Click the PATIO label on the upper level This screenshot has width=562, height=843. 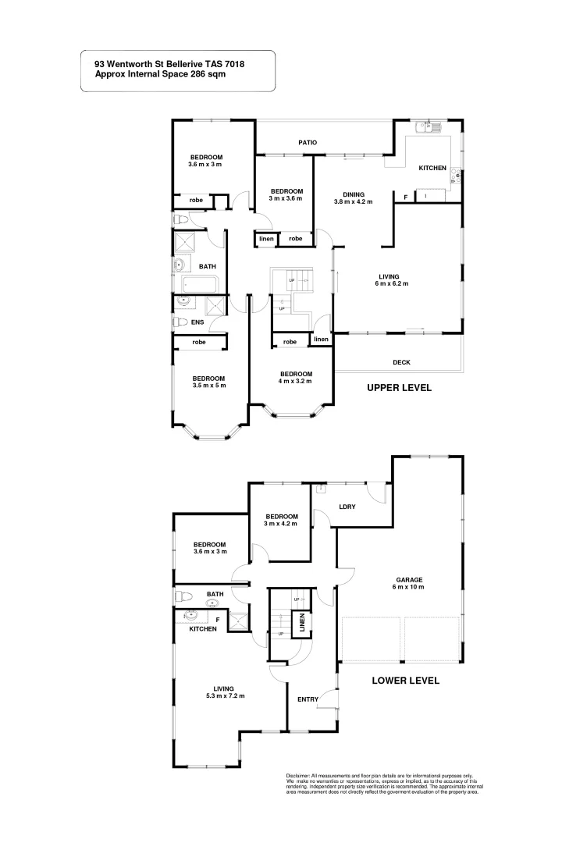[x=306, y=143]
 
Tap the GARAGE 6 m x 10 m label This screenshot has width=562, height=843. [x=409, y=583]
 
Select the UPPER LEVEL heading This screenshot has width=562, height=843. [x=399, y=387]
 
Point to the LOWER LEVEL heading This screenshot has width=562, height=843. [x=405, y=681]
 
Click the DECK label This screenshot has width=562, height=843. [x=402, y=362]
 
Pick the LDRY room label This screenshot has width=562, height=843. [x=347, y=507]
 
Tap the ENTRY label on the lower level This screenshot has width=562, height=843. [x=308, y=699]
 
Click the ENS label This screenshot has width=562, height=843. [x=198, y=322]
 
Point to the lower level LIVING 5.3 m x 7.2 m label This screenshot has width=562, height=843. [x=225, y=692]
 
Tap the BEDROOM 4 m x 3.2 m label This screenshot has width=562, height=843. [x=296, y=377]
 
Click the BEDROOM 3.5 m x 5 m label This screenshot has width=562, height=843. [x=208, y=382]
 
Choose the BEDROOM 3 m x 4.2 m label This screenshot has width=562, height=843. [x=281, y=520]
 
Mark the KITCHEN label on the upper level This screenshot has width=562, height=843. [x=432, y=169]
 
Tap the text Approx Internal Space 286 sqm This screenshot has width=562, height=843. [x=160, y=75]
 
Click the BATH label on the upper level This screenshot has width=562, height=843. [x=207, y=267]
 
